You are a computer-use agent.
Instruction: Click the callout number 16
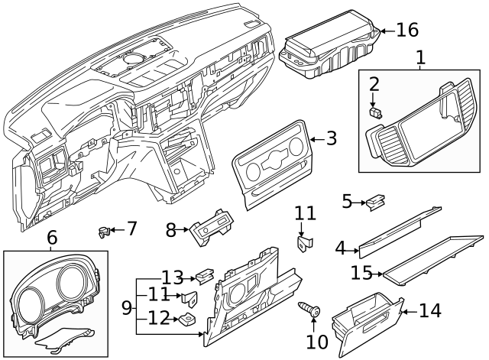pyautogui.click(x=407, y=30)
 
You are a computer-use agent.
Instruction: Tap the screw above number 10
pyautogui.click(x=311, y=310)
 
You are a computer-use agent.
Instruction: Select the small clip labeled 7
pyautogui.click(x=102, y=230)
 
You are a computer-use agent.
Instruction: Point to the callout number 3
pyautogui.click(x=331, y=138)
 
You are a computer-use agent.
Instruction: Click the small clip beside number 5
pyautogui.click(x=374, y=202)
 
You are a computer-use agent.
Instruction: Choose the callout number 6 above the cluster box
pyautogui.click(x=52, y=238)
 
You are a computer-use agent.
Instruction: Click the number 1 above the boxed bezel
pyautogui.click(x=419, y=57)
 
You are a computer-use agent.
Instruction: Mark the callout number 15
pyautogui.click(x=361, y=271)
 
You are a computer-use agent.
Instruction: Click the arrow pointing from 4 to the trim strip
pyautogui.click(x=353, y=248)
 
